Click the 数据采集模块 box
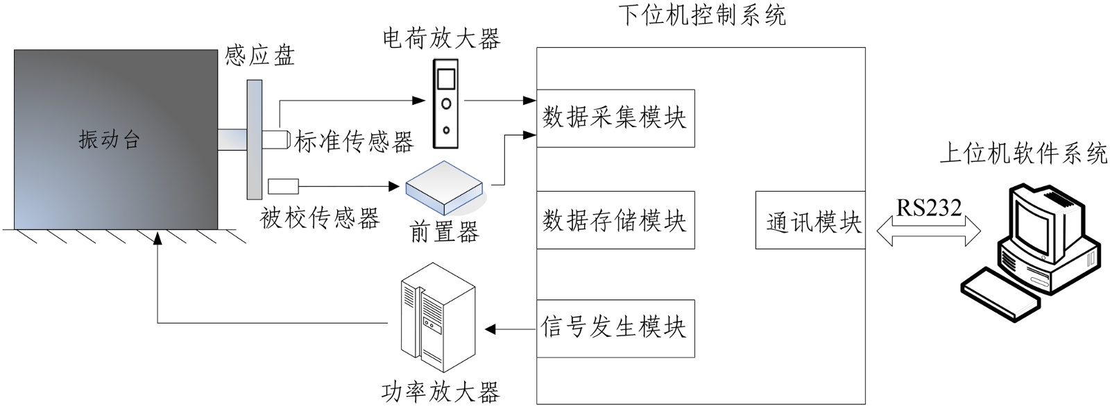(615, 118)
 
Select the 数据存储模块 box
(615, 220)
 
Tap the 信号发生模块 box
(615, 328)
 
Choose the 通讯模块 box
(810, 220)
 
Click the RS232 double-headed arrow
(929, 231)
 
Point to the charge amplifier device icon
(446, 103)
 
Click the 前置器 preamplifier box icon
(444, 188)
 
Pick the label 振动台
(110, 140)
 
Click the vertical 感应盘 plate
(254, 139)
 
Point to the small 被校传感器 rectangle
(283, 186)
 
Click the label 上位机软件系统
(1023, 153)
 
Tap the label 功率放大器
(440, 392)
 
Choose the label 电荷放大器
(441, 38)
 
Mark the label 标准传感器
(355, 142)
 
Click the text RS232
(929, 208)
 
